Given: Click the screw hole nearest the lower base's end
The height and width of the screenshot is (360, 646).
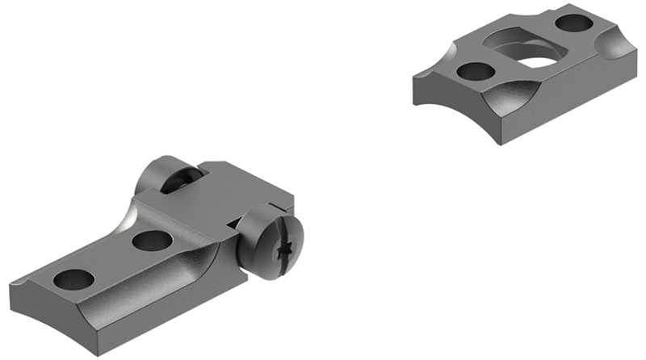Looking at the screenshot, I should coord(73,279).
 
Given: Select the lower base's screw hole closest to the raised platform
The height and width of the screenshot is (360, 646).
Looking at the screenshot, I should coord(151,240).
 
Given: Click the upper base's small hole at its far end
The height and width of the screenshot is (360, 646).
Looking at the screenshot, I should coord(575,23).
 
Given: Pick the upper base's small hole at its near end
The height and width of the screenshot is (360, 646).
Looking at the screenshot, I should coord(476,71).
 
